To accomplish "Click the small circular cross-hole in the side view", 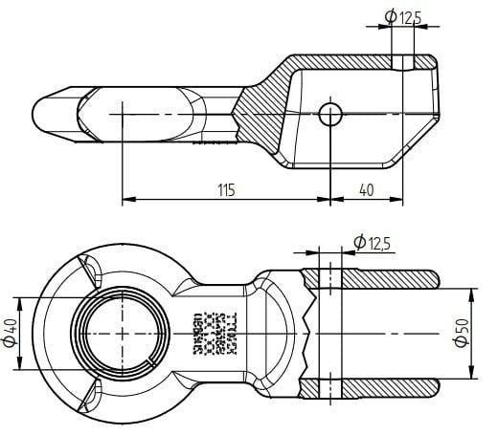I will click(x=331, y=114).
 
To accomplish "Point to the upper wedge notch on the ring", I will click(x=92, y=271).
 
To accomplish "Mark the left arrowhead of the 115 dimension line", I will click(x=127, y=200).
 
